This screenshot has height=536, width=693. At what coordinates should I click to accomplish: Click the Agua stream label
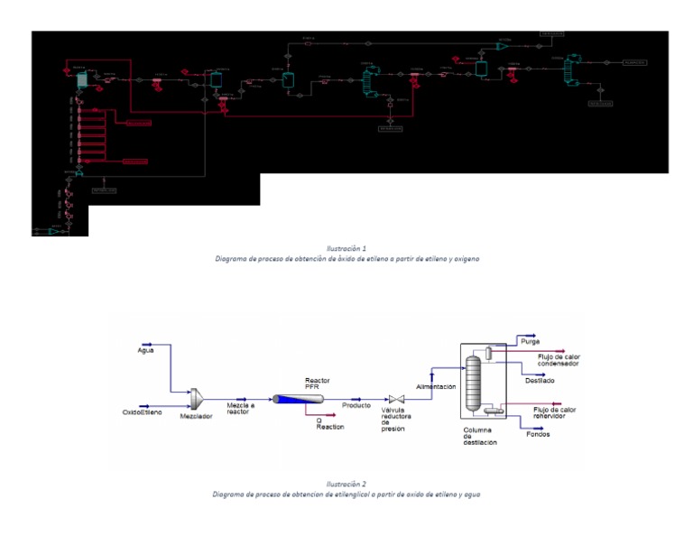coord(146,349)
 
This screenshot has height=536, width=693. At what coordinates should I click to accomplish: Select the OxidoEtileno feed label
coord(142,412)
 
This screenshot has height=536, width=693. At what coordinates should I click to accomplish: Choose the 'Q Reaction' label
coord(329,423)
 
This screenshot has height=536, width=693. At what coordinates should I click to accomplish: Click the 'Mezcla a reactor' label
coord(241,409)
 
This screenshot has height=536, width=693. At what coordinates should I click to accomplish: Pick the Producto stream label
coord(356,405)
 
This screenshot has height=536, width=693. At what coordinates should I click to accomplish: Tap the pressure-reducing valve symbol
coord(395,399)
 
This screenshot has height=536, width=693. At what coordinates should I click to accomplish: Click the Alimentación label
coord(435,386)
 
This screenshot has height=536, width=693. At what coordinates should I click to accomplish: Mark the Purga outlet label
coord(531,341)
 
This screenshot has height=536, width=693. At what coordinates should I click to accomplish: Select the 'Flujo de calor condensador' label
coord(559,360)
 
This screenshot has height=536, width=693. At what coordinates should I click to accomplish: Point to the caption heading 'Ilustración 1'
coord(346,247)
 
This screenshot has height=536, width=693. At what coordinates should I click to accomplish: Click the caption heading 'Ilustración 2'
coord(346,484)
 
